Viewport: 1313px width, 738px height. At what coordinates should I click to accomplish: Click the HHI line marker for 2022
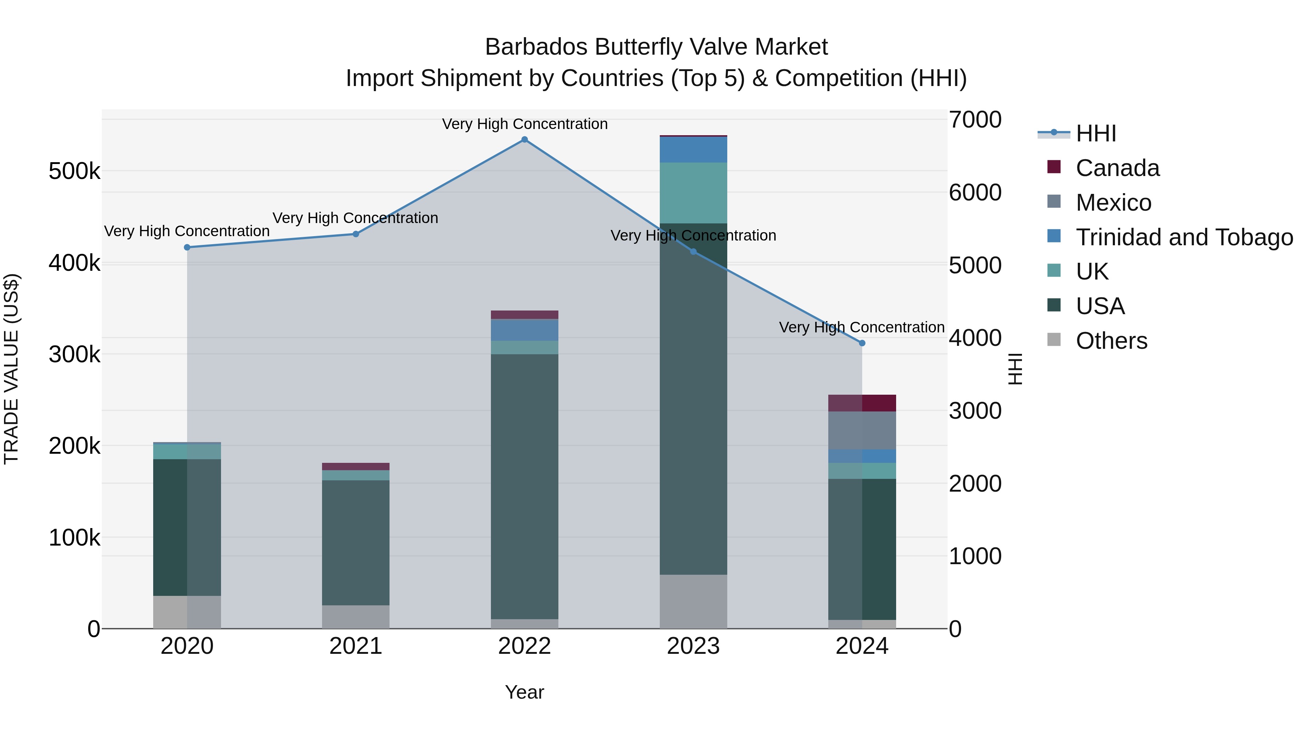pos(524,140)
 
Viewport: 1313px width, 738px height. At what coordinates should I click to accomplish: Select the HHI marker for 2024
pos(862,343)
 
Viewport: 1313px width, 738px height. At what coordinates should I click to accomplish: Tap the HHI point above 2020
pos(187,247)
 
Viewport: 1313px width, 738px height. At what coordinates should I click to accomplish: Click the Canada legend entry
pos(1117,168)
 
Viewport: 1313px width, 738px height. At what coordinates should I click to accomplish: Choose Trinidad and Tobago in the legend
pos(1184,237)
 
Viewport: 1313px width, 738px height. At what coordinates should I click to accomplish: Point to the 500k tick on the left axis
pos(74,172)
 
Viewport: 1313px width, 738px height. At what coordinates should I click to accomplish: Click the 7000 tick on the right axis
pos(975,120)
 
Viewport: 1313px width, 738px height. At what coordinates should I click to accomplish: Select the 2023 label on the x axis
pos(693,646)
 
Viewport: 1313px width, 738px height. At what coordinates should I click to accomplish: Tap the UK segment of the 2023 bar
pos(693,193)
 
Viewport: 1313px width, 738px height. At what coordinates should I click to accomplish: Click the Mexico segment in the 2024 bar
pos(862,430)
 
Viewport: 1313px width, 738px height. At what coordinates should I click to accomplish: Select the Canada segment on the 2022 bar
pos(524,315)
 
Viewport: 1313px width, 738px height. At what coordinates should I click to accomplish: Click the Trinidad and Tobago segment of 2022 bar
pos(524,330)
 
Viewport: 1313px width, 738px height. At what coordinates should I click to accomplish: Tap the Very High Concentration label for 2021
pos(355,218)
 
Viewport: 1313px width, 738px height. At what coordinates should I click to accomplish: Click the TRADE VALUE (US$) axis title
pos(11,369)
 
